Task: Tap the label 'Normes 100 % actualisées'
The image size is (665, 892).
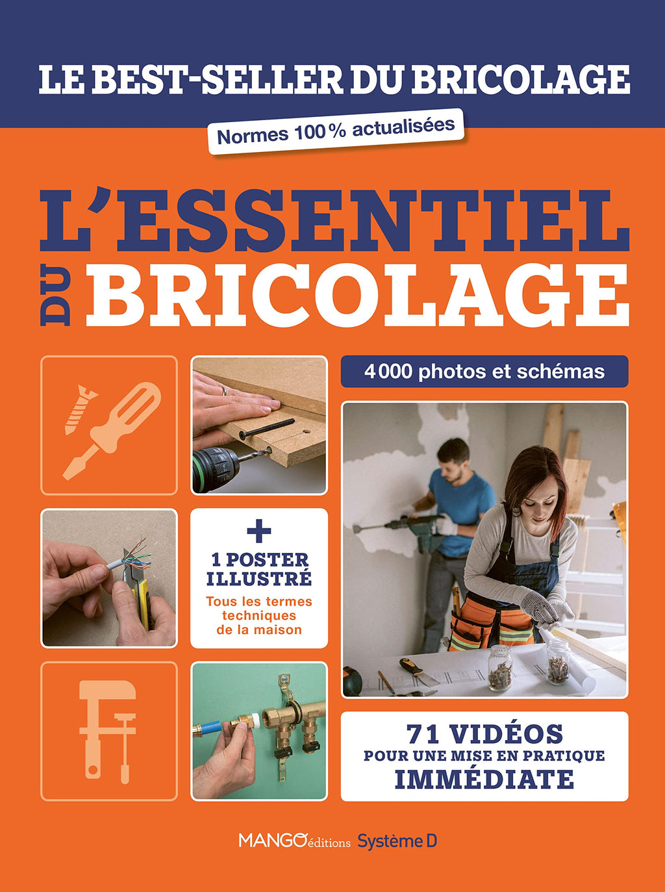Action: pyautogui.click(x=336, y=131)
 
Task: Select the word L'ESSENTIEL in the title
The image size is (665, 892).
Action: pyautogui.click(x=334, y=222)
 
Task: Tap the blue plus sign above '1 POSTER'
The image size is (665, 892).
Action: pyautogui.click(x=258, y=530)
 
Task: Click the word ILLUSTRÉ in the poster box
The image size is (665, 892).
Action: pyautogui.click(x=258, y=580)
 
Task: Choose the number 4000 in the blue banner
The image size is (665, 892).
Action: pyautogui.click(x=388, y=372)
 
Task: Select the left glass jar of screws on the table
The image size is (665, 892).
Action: pyautogui.click(x=499, y=667)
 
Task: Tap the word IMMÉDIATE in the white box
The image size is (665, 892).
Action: pyautogui.click(x=484, y=778)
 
